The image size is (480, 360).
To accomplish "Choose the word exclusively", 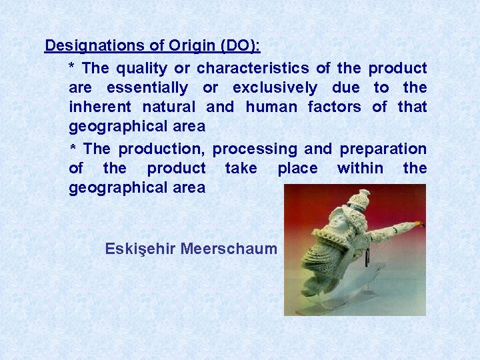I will pyautogui.click(x=275, y=87).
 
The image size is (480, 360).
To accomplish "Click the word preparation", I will pyautogui.click(x=383, y=149).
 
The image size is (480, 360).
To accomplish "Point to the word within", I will pyautogui.click(x=360, y=168).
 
